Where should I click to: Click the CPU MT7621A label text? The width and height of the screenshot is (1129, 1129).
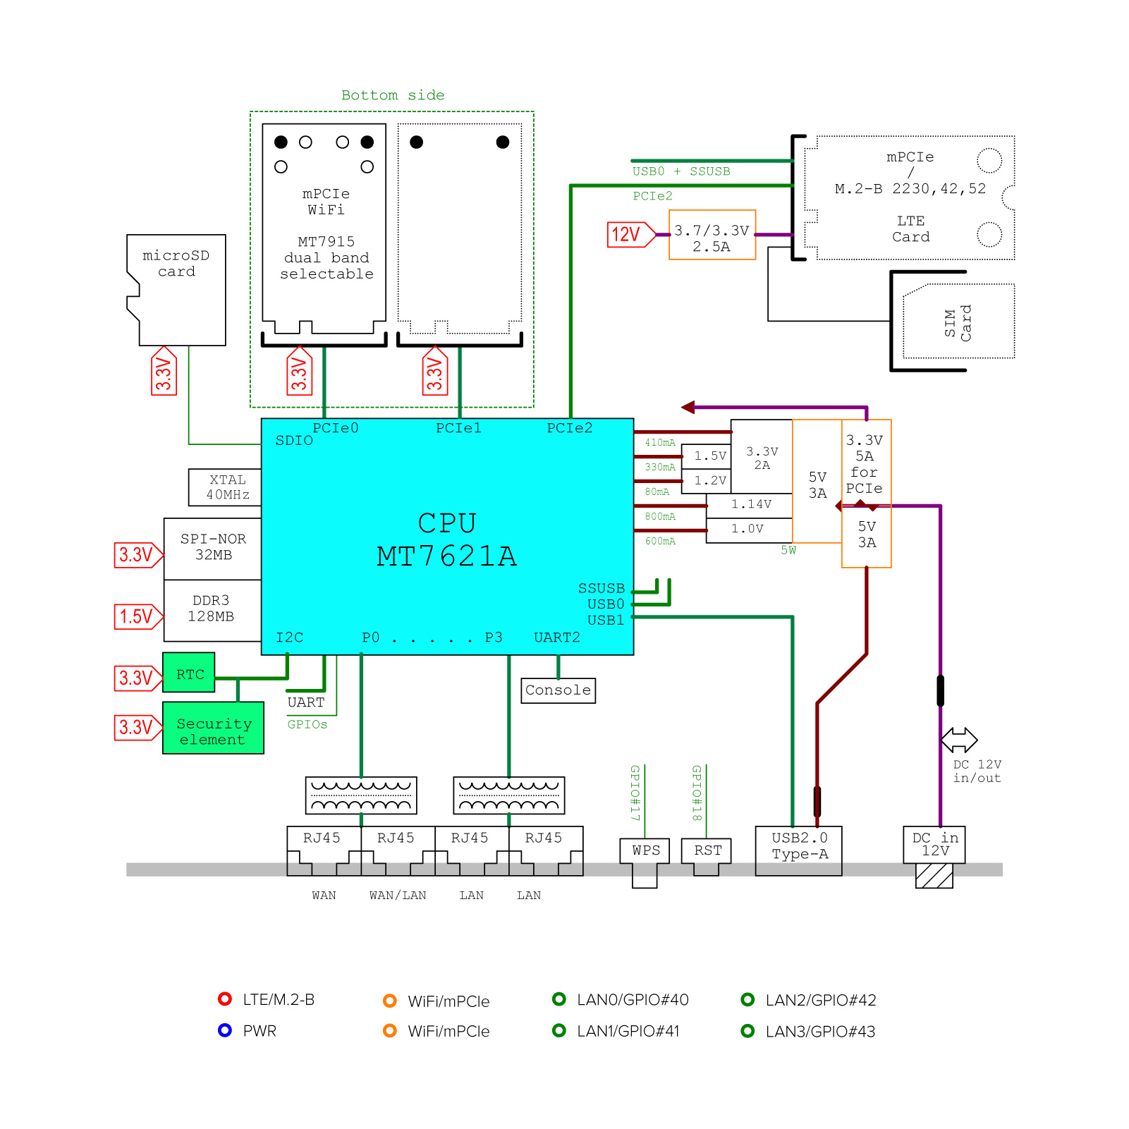point(447,540)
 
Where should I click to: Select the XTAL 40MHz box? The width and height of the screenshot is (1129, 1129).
point(226,487)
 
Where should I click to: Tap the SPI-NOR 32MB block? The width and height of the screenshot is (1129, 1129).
point(213,548)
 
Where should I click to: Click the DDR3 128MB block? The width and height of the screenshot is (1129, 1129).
point(212,609)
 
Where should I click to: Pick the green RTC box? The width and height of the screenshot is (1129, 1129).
point(189,673)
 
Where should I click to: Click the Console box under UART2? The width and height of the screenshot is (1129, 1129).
point(558,690)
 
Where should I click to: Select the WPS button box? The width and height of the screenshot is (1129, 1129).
point(645,851)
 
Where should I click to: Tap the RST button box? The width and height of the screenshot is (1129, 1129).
point(707,851)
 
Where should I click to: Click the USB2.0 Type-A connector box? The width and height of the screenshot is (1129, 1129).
point(799,850)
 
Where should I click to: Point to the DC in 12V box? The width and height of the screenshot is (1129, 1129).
point(934,844)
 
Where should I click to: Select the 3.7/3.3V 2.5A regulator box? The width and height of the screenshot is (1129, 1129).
point(712,236)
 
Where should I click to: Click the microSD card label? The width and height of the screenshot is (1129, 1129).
point(176,264)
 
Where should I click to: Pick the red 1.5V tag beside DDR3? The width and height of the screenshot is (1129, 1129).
point(137,616)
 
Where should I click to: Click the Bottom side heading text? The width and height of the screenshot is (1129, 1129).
point(393,95)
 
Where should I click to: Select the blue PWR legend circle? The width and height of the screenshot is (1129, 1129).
point(225,1030)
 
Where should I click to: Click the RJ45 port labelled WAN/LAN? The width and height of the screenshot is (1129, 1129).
point(397,850)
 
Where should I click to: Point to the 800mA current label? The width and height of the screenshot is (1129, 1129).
point(659,517)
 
